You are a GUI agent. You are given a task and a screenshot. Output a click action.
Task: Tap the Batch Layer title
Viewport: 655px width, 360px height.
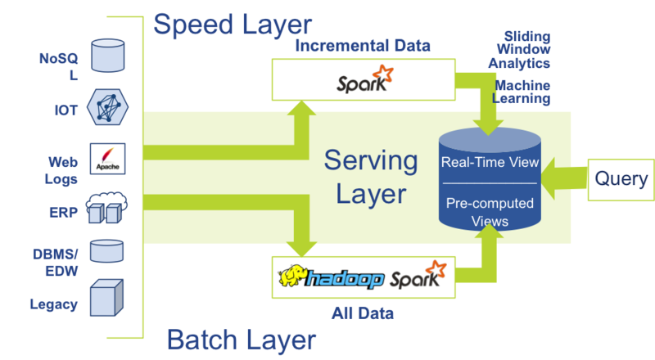click(242, 339)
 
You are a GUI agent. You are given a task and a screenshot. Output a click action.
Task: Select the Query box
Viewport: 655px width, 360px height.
click(621, 179)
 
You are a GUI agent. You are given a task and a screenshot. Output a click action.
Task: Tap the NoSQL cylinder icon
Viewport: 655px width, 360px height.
click(106, 53)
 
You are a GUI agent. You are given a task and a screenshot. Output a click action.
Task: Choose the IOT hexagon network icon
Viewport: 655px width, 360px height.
click(106, 106)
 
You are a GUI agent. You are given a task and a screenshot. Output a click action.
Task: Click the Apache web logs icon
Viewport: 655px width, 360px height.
click(106, 155)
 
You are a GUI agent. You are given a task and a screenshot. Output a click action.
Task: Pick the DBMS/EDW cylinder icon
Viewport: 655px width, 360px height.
click(106, 250)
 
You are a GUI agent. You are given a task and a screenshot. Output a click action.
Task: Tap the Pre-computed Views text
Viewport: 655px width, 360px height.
click(490, 211)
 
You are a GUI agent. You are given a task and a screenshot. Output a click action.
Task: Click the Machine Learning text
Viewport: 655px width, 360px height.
click(521, 91)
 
